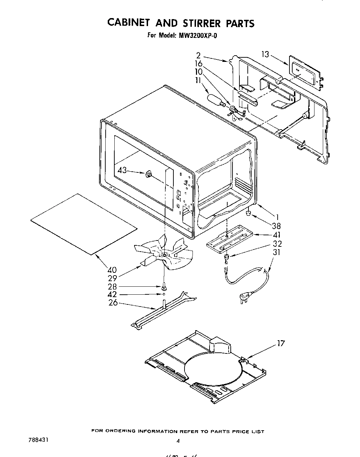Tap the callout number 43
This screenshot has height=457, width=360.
123,170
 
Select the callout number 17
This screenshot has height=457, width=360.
281,344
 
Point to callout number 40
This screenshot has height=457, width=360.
112,270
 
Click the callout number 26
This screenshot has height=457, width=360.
113,303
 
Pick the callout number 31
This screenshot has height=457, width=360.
277,253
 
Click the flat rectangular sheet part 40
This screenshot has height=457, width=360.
84,224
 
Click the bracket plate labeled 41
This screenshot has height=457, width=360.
229,239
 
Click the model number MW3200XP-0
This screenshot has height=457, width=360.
198,35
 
